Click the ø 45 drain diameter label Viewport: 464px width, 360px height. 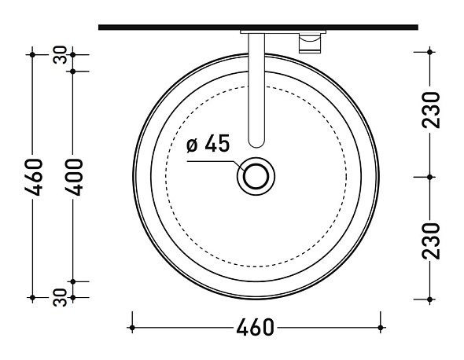coord(208,144)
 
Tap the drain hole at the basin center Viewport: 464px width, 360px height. coord(256,177)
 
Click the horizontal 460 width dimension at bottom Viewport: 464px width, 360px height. coord(255,328)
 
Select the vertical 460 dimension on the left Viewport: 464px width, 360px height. coord(33,177)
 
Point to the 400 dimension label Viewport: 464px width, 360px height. coord(74,177)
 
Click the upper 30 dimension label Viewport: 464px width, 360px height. coord(60,55)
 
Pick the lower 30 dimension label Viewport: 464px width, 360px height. coord(60,297)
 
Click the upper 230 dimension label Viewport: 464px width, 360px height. coord(431,110)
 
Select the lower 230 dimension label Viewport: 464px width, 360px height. coord(431,241)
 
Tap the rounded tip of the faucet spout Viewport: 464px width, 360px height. coord(256,145)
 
